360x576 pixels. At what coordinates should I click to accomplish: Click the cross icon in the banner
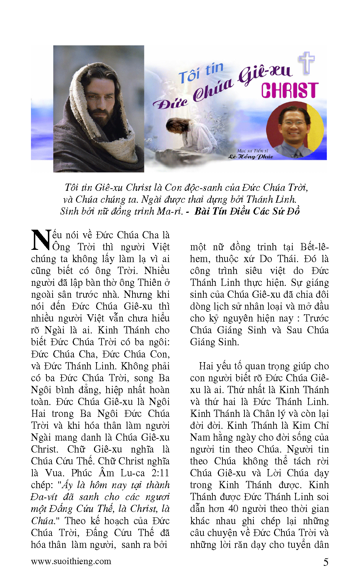tap(306, 63)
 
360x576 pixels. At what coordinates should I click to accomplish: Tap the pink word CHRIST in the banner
tap(290, 90)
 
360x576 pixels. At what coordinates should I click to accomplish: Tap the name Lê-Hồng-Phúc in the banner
tap(251, 157)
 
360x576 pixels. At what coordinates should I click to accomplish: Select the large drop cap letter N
tap(41, 240)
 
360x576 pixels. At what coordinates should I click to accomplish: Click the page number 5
tap(325, 562)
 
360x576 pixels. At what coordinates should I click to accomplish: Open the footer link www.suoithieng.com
tap(71, 561)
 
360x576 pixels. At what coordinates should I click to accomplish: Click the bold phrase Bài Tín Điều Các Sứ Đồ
tap(247, 211)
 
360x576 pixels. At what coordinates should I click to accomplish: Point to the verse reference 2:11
tap(160, 473)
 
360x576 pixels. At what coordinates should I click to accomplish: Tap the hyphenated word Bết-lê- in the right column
tap(314, 247)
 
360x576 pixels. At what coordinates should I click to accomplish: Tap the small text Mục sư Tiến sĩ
tap(252, 150)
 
